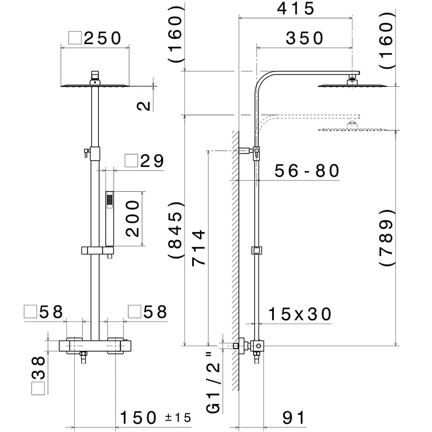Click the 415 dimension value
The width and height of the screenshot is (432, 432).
coord(296,8)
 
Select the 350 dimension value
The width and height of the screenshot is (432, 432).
coord(305,38)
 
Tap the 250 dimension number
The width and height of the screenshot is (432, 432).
coord(103,38)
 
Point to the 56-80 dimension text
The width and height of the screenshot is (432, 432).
coord(308,171)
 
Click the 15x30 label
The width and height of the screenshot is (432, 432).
coord(299,314)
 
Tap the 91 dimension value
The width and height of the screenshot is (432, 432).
coord(294,418)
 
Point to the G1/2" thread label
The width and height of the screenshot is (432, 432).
coord(215,382)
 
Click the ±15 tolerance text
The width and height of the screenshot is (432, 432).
coord(178,418)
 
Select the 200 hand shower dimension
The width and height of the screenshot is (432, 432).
coord(133,219)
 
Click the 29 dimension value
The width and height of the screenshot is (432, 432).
coord(152,161)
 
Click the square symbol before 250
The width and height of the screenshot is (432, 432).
coord(76,38)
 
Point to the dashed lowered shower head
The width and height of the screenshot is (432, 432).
coord(351,129)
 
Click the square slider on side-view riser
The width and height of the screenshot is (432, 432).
coord(257,250)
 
